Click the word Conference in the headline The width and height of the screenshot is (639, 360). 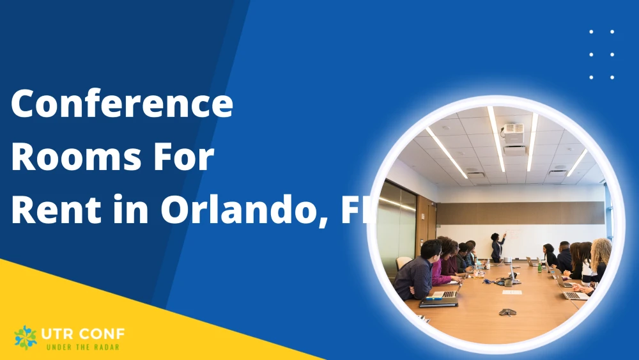tap(122, 104)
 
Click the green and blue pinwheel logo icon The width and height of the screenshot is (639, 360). tap(26, 337)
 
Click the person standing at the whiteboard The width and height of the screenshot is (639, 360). tap(497, 247)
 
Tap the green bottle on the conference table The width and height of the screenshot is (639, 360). tap(540, 267)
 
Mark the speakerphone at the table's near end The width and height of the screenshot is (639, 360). tap(507, 312)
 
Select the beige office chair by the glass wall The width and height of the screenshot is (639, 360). tap(403, 262)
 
